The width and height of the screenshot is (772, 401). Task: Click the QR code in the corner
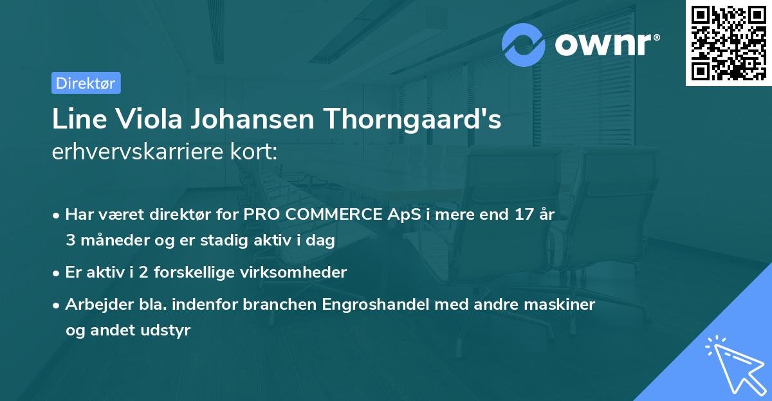click(x=728, y=42)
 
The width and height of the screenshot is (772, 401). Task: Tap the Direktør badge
click(x=86, y=83)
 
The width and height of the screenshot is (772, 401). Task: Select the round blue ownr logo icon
click(x=524, y=44)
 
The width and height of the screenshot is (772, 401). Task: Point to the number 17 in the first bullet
click(x=524, y=215)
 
